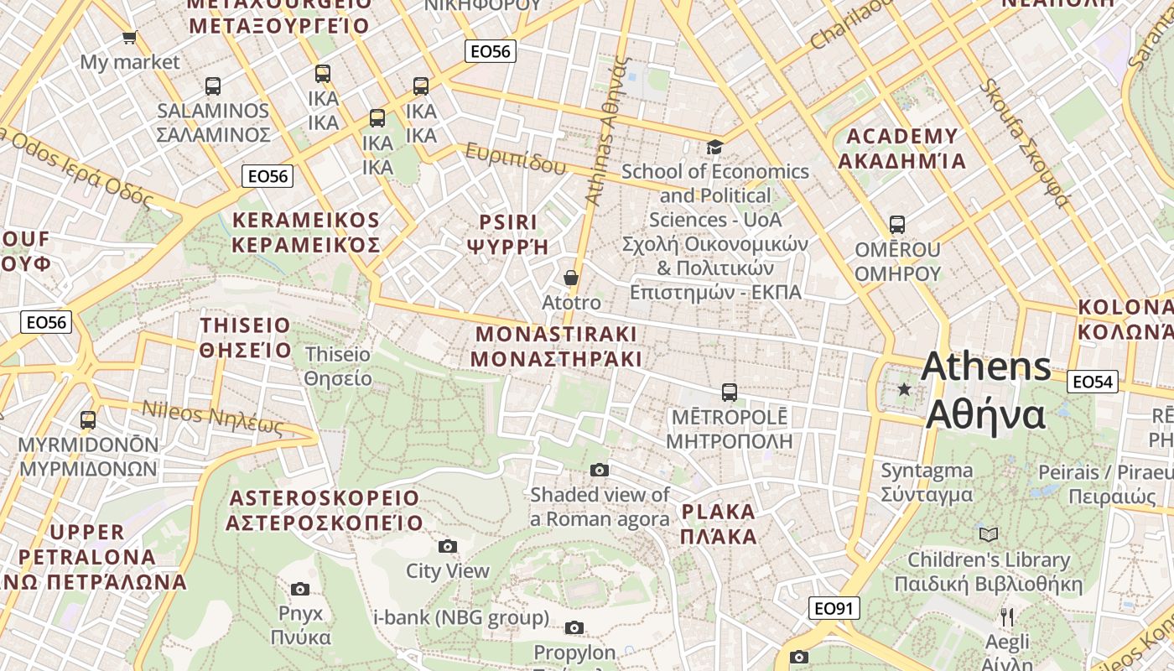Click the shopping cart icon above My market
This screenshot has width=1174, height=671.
(x=129, y=37)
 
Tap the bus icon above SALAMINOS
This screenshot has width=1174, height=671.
(x=213, y=86)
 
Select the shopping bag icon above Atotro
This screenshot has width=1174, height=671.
(x=571, y=278)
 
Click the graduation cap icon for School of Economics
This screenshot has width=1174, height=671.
(x=714, y=148)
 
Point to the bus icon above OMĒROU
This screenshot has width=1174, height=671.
(x=897, y=225)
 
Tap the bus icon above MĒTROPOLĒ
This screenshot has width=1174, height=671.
(x=730, y=392)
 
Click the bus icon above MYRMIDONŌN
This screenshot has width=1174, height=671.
(x=88, y=419)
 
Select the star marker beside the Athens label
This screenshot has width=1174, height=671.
(x=904, y=389)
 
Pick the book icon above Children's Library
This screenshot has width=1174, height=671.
(x=989, y=534)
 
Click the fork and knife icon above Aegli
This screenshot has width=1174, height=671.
(x=1007, y=617)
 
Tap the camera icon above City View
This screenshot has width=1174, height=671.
(x=448, y=547)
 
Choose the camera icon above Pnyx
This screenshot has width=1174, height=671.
(x=300, y=589)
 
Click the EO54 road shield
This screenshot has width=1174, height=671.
(x=1093, y=382)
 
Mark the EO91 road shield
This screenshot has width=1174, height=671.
(x=834, y=608)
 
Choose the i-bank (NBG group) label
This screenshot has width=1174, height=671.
(x=460, y=618)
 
